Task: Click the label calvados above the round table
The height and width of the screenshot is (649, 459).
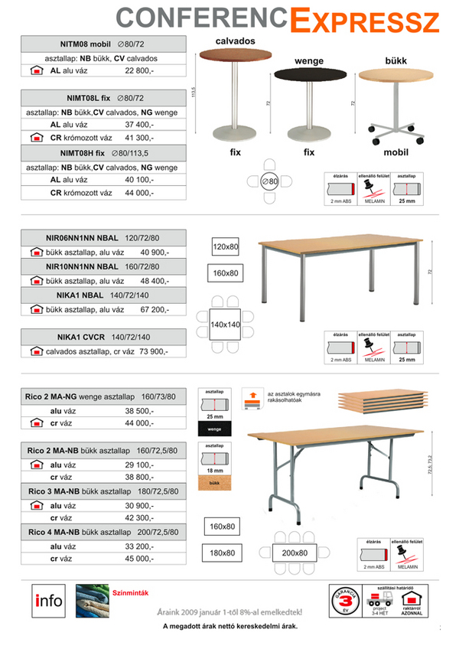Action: click(x=235, y=40)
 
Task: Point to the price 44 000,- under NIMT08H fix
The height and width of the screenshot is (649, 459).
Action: click(x=139, y=193)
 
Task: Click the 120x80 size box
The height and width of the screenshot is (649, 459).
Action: click(x=226, y=247)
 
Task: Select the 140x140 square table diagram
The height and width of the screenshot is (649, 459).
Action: click(x=226, y=324)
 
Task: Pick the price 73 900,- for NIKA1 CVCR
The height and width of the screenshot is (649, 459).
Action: click(x=148, y=351)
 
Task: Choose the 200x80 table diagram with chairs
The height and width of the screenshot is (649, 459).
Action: click(x=292, y=553)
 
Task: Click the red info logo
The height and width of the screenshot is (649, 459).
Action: click(x=49, y=600)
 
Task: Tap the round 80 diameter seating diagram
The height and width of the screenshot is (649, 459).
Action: click(x=270, y=181)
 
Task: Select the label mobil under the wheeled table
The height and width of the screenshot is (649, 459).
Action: click(x=395, y=152)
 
